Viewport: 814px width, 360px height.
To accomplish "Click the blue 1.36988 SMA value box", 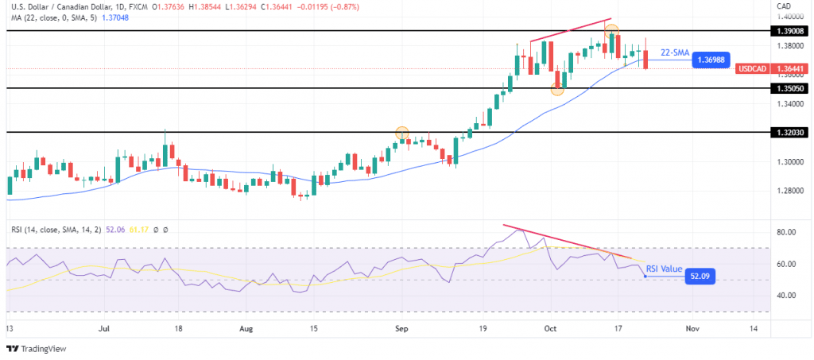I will (x=711, y=60).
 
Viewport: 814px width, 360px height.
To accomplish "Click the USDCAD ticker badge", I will (x=752, y=69).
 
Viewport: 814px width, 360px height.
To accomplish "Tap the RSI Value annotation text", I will (x=663, y=269).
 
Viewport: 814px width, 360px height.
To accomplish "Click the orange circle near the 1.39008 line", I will (x=611, y=32).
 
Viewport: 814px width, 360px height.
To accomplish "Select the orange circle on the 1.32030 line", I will (x=402, y=133).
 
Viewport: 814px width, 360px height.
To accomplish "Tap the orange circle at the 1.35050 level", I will (x=557, y=89).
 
